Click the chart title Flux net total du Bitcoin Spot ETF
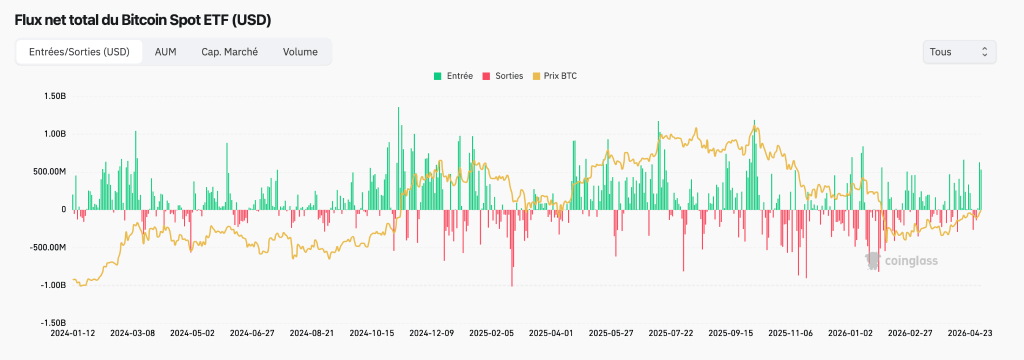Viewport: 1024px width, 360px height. (142, 20)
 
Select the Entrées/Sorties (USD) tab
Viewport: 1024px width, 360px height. (79, 52)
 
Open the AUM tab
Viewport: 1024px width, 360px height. (165, 52)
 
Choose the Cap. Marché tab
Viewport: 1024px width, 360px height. (229, 52)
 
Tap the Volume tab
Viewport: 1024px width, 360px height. (300, 52)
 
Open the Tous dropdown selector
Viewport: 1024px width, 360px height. (959, 52)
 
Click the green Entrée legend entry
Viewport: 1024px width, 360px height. (453, 76)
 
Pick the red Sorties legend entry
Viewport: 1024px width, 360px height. (502, 76)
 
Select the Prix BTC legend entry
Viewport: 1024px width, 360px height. (554, 76)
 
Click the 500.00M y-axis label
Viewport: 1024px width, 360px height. (50, 172)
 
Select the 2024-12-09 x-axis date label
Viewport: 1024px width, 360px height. (430, 333)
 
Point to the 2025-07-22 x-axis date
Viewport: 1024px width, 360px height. (671, 333)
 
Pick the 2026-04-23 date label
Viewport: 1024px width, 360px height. (970, 333)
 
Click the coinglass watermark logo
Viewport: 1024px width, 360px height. (902, 261)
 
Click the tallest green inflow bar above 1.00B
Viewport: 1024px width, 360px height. (398, 158)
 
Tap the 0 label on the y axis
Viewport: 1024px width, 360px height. (64, 210)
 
